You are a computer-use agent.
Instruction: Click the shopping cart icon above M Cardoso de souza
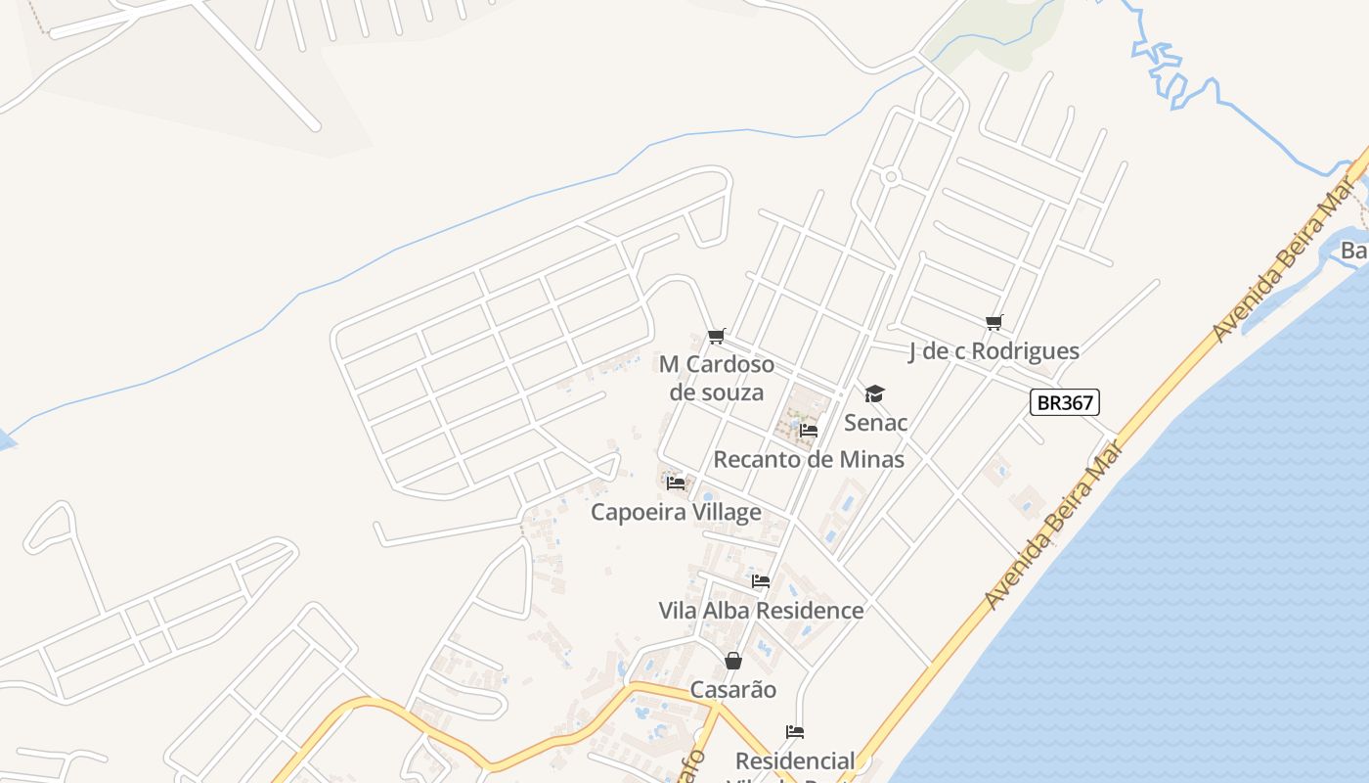point(716,337)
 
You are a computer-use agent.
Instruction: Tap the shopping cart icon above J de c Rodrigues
point(994,322)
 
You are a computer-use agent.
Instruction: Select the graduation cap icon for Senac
point(874,393)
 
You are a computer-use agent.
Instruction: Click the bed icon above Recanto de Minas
point(809,430)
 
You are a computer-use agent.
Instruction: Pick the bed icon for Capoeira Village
point(675,483)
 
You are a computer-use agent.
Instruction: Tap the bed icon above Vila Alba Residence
point(761,581)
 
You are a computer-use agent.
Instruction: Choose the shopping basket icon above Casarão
point(733,662)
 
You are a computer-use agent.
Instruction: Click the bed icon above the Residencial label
point(795,732)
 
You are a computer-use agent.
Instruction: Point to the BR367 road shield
point(1065,401)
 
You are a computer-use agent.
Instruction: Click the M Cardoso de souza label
point(717,378)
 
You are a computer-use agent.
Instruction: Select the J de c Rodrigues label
point(994,351)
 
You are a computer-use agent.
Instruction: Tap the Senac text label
point(876,423)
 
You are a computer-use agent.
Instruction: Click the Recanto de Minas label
point(809,459)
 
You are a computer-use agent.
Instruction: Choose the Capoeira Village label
point(676,512)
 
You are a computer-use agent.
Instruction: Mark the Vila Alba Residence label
point(761,611)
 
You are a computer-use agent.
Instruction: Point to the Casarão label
point(733,690)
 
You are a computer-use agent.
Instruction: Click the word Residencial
point(795,760)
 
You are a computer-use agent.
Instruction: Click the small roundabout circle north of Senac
point(891,176)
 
